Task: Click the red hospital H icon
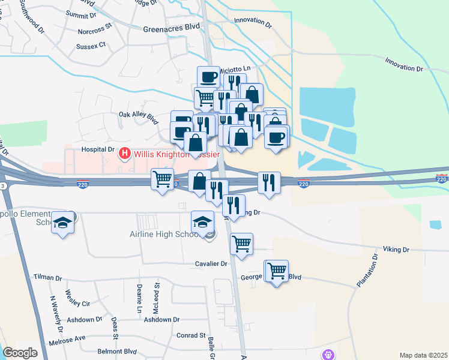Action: tap(125, 154)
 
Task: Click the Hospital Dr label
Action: tap(98, 149)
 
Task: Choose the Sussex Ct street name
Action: tap(91, 45)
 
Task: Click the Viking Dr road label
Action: tap(396, 249)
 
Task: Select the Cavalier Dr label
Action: tap(211, 263)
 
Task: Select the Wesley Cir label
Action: tap(77, 303)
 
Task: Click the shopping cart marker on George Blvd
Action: tap(276, 271)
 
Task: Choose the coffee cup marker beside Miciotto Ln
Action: tap(209, 77)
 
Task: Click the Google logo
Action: tap(20, 352)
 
